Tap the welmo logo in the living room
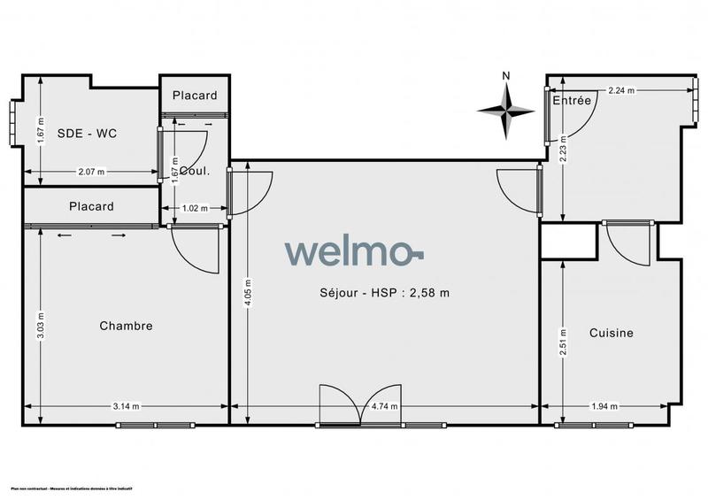[x=354, y=251]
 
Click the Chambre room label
[x=126, y=326]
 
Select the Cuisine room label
[x=612, y=333]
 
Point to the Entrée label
[x=572, y=101]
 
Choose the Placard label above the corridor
[x=194, y=96]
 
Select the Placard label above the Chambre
[x=91, y=206]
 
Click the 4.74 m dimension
[x=382, y=407]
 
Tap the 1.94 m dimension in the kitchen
[x=604, y=407]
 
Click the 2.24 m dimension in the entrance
[x=621, y=90]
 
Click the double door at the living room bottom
[x=361, y=408]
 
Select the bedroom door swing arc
[x=195, y=250]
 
